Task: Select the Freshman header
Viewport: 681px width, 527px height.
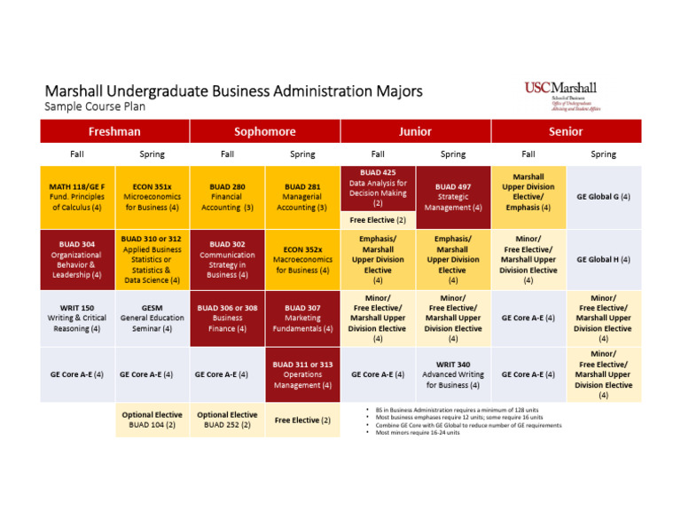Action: point(114,131)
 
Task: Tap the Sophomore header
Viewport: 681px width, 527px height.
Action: point(265,131)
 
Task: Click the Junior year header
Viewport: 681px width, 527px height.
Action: point(415,131)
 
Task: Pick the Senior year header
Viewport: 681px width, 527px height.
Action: point(566,131)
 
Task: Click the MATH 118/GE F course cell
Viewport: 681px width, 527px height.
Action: point(77,197)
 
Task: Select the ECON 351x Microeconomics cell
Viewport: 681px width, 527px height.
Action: point(152,197)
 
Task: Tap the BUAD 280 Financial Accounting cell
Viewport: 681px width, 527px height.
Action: point(227,197)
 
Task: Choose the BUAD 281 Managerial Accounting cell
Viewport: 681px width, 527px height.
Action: point(302,197)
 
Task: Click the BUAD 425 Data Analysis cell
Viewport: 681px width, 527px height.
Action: point(378,187)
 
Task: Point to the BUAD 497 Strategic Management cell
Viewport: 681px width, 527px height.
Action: point(453,197)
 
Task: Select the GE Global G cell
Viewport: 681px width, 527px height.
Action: point(604,197)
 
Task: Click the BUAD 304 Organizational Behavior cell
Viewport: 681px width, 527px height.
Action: point(77,258)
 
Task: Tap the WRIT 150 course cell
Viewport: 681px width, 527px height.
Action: point(77,317)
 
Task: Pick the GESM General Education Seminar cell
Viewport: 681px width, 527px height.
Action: point(152,317)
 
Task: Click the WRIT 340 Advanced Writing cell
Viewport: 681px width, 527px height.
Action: point(453,374)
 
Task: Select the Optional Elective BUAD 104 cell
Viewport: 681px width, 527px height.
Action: point(152,420)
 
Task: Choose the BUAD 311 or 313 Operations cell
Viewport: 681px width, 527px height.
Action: point(302,374)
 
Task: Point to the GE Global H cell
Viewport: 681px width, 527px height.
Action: point(604,259)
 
